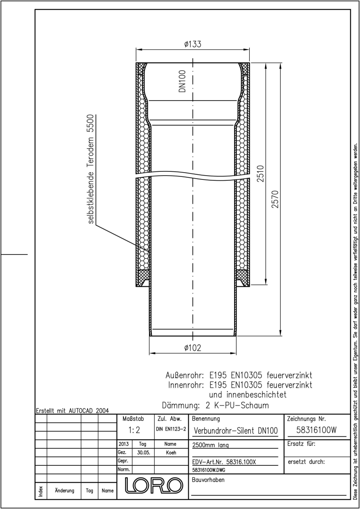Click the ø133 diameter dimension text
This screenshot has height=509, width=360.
point(193,44)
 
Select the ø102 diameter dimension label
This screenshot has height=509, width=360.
point(193,348)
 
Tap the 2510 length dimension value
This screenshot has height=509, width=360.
point(261,173)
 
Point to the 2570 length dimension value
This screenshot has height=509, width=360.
point(275,199)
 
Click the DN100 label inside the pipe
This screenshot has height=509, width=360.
point(182,81)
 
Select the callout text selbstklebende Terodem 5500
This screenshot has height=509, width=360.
point(91,169)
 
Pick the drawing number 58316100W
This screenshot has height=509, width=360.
point(316,430)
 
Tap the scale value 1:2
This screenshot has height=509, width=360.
point(134,430)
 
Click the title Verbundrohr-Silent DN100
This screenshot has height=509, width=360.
point(236,431)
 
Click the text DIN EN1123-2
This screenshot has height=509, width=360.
point(171,429)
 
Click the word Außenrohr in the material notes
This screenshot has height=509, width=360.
point(184,375)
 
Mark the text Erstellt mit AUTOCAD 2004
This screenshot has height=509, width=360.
point(73,411)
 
